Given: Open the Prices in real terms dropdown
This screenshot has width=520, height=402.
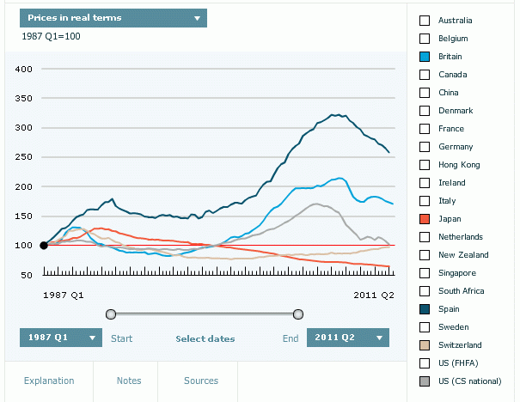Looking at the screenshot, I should point(113,17).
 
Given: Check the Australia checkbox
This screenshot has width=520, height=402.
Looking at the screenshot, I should point(424,20).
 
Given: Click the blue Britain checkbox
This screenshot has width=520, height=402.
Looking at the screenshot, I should point(424,56).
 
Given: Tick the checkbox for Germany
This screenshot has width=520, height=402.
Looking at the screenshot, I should point(424,147).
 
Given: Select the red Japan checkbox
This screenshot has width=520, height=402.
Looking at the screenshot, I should point(424,219).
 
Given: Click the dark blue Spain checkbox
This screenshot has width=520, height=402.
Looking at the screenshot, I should point(424,309).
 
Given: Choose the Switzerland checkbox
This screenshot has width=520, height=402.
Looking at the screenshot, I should point(424,345).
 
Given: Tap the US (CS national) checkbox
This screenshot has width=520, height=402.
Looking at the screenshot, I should point(424,381).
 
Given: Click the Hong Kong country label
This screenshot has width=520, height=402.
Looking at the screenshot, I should point(459,165).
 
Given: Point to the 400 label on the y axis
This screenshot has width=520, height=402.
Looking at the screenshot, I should point(24,69).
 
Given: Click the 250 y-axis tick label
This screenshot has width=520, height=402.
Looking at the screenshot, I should point(24,157).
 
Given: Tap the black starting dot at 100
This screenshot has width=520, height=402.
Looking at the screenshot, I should point(44,246).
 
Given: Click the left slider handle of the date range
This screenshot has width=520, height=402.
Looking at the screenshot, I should point(110,314).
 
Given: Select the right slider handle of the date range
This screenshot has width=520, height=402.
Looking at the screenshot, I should point(298,314).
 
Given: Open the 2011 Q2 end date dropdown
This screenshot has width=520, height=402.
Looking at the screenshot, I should point(348,338).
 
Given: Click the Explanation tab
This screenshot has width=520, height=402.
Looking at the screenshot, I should point(49,381).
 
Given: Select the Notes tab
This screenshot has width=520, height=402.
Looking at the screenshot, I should point(129,381).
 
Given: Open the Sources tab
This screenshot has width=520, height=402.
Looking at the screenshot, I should point(201,381).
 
